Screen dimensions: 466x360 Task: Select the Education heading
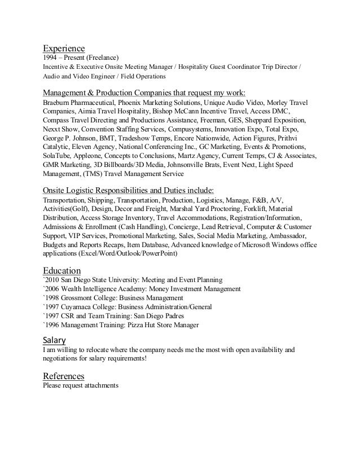pos(62,269)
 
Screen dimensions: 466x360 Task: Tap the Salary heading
pos(55,340)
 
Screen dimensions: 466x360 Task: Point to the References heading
pos(64,376)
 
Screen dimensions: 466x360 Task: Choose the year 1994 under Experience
pos(51,58)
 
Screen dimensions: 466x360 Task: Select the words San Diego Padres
pos(169,316)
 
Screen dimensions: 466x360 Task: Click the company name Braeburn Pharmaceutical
pos(79,103)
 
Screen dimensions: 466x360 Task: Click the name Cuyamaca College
pos(89,307)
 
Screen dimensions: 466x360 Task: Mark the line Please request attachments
pos(81,386)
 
